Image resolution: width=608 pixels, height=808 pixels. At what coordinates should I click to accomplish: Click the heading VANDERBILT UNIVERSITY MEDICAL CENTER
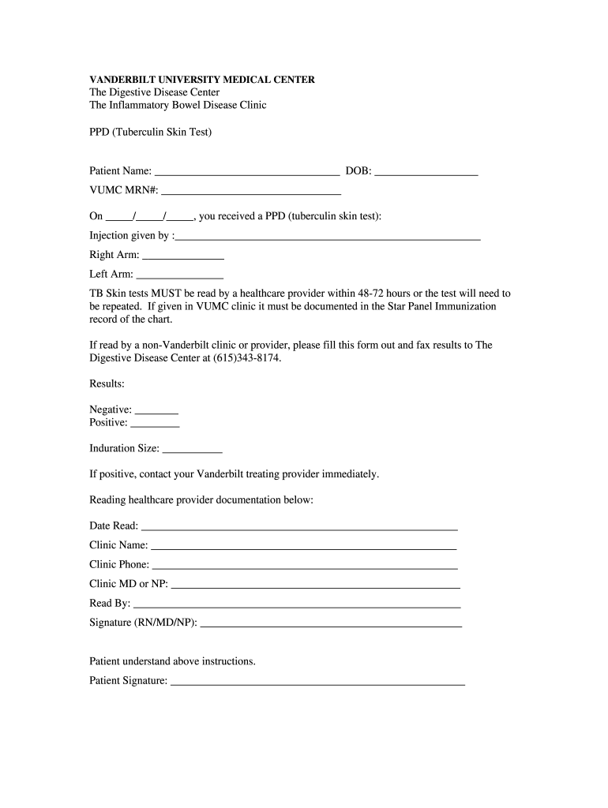point(202,80)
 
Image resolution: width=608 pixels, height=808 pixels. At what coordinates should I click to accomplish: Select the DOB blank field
point(426,170)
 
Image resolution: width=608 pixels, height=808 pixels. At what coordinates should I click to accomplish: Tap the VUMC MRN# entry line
point(251,191)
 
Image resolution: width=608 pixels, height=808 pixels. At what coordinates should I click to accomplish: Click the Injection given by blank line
point(328,236)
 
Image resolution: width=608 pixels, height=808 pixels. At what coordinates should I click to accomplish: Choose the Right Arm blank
point(183,256)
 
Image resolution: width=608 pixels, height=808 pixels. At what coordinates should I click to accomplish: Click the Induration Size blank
point(192,450)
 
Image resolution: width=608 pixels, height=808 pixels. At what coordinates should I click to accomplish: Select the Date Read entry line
point(299,527)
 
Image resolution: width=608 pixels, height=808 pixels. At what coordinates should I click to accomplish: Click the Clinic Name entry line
point(303,546)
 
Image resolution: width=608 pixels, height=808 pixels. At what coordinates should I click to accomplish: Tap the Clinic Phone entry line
point(304,566)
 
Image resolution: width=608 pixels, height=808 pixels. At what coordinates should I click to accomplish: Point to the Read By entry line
point(297,604)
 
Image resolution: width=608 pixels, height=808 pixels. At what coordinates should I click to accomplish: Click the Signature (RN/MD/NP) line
point(331,624)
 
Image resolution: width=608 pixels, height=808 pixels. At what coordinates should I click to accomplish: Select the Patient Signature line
point(317,682)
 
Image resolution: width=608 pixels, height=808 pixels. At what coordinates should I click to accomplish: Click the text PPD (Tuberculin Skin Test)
point(151,133)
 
